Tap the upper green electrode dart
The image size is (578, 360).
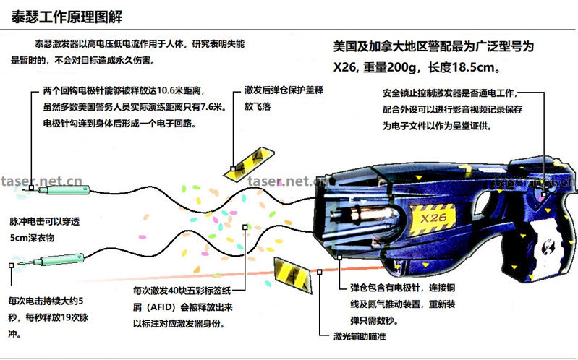click(64, 190)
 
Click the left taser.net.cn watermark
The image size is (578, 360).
click(42, 181)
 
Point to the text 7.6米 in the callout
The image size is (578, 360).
click(213, 108)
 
